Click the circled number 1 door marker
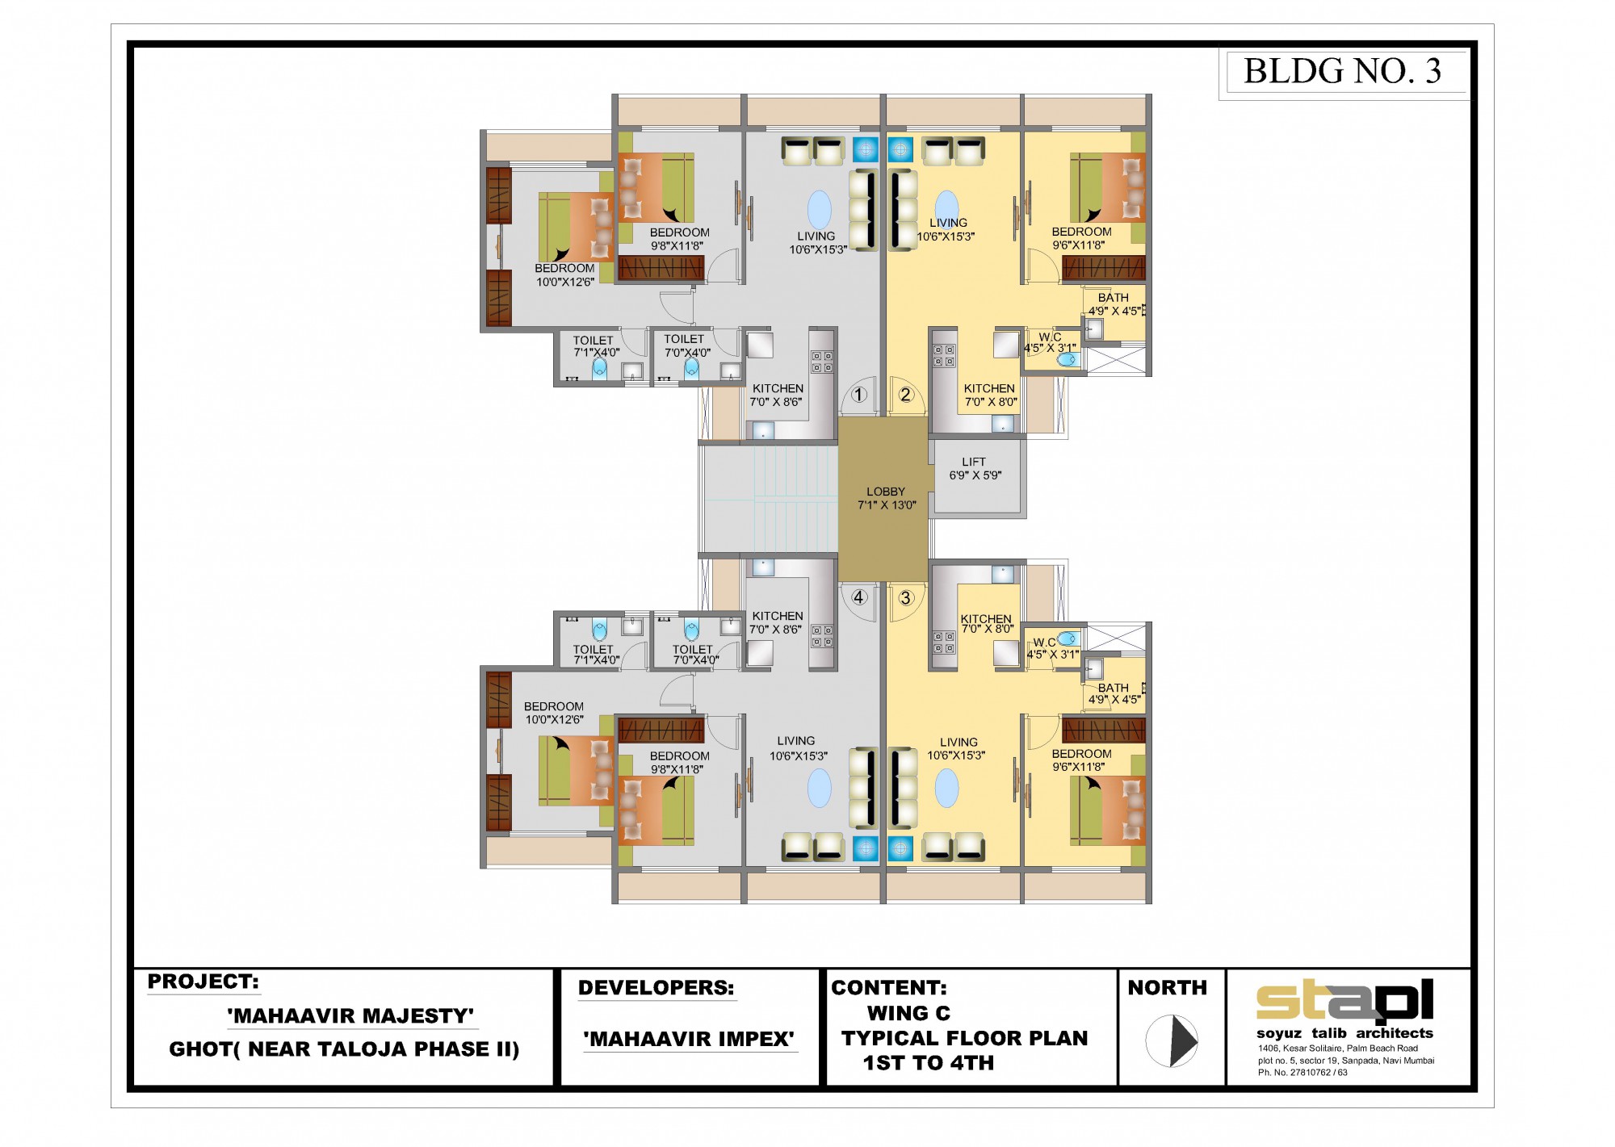tap(858, 395)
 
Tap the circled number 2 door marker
tap(905, 395)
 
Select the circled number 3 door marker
tap(906, 598)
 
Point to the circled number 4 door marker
tap(859, 597)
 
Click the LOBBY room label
tap(886, 492)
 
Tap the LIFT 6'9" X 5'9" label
tap(975, 469)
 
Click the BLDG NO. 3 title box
tap(1343, 71)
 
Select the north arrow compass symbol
tap(1172, 1040)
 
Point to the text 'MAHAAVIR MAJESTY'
tap(350, 1015)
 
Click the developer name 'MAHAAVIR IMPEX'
tap(689, 1039)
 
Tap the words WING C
tap(908, 1013)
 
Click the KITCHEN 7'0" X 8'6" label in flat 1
tap(777, 395)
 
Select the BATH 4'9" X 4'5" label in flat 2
tap(1114, 304)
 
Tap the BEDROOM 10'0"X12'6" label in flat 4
tap(554, 713)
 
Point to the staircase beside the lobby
tap(769, 498)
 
